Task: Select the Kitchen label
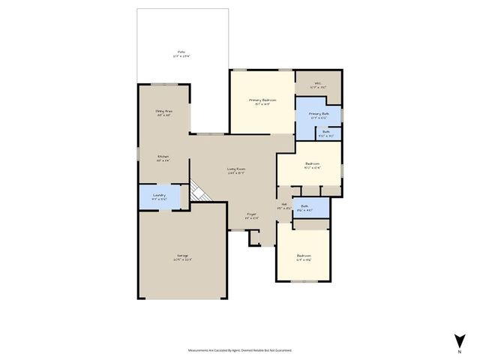tap(163, 158)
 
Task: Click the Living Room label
tap(237, 170)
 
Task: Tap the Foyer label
tap(253, 216)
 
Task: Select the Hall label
tap(284, 207)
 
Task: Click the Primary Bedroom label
tap(262, 101)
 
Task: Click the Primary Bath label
tap(319, 115)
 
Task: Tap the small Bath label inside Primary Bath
tap(326, 134)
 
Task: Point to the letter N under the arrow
tap(458, 351)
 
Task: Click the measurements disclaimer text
tap(240, 350)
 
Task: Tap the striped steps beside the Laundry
tap(197, 193)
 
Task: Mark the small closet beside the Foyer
tap(254, 237)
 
